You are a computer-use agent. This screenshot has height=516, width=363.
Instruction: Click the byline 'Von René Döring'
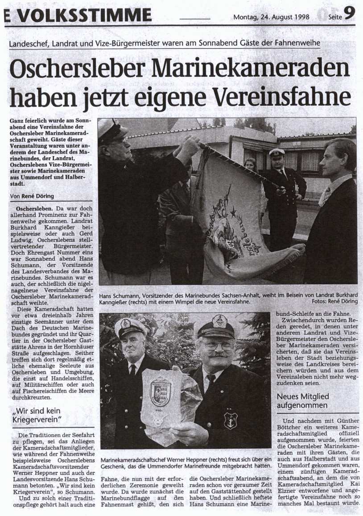(x=29, y=196)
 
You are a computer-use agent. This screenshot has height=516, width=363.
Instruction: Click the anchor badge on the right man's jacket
(x=230, y=419)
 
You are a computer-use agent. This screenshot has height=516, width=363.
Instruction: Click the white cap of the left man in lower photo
(x=130, y=326)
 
